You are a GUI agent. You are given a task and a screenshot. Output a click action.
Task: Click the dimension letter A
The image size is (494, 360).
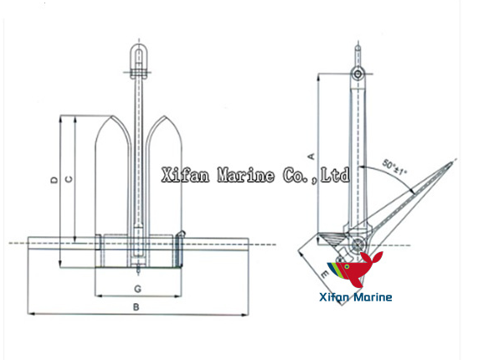(311, 154)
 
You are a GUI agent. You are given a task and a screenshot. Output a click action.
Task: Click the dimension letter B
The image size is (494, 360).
(136, 307)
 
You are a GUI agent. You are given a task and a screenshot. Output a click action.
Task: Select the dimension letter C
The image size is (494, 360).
(69, 177)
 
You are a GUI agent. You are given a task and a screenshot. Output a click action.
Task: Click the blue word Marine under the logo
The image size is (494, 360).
(373, 296)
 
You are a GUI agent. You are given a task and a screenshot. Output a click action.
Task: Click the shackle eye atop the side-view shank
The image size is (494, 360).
(358, 75)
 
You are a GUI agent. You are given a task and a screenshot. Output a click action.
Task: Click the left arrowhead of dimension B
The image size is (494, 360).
(31, 314)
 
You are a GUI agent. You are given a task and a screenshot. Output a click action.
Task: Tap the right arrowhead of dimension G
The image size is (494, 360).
(178, 296)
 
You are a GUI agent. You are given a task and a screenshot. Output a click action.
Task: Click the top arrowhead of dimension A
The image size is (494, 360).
(318, 76)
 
